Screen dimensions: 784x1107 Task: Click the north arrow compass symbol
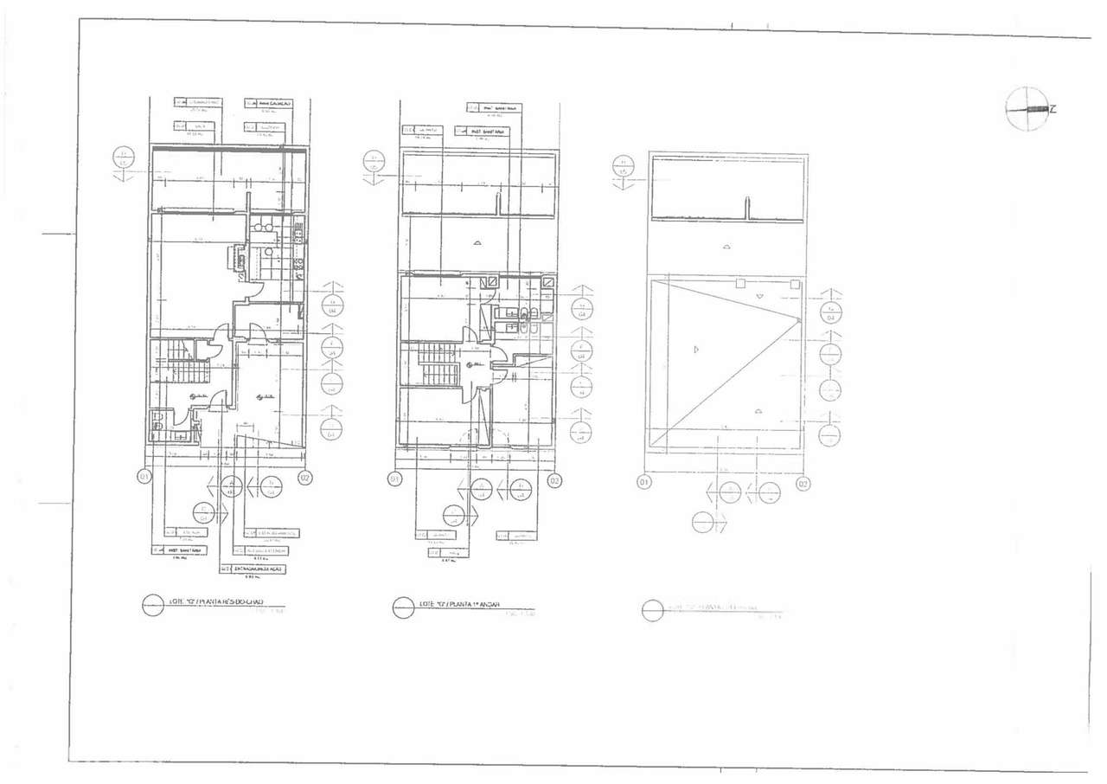tap(1027, 109)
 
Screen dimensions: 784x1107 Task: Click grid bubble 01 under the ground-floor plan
tap(144, 476)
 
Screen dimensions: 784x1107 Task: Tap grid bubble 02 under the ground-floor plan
tap(305, 477)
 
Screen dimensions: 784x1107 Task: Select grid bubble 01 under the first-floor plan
tap(394, 479)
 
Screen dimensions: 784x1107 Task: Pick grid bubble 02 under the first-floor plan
tap(554, 480)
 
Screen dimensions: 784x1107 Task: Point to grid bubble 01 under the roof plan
tap(643, 481)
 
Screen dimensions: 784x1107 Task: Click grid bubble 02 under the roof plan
tap(803, 483)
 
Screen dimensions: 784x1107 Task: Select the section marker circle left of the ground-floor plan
tap(125, 158)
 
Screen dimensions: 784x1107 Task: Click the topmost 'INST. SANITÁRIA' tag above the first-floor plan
tap(496, 108)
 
